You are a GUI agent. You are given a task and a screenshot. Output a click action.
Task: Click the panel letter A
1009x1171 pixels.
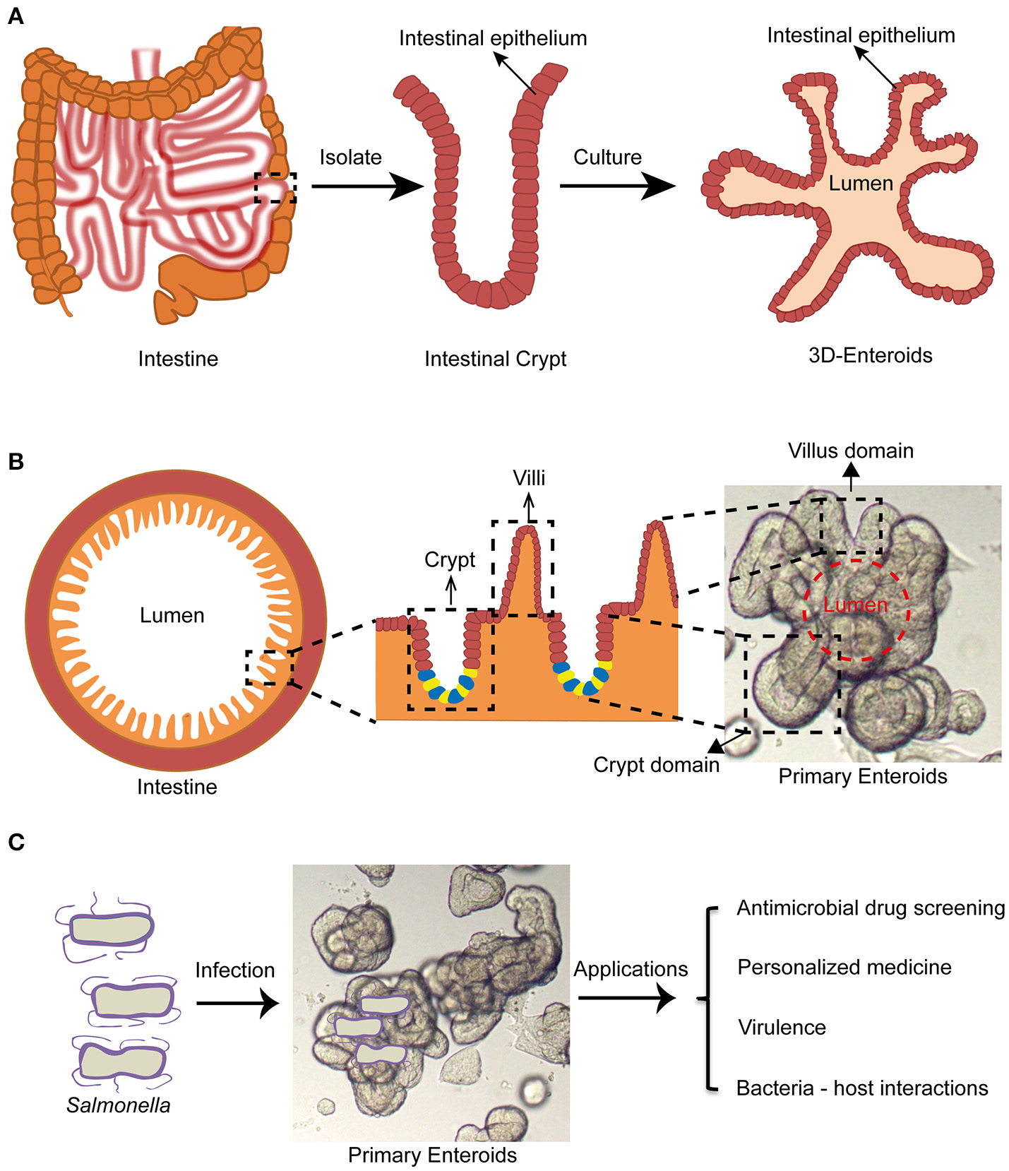pyautogui.click(x=15, y=16)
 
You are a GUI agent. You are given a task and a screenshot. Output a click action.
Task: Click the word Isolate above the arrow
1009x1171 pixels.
pyautogui.click(x=350, y=157)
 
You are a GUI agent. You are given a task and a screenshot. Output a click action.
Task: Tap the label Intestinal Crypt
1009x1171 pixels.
pyautogui.click(x=495, y=359)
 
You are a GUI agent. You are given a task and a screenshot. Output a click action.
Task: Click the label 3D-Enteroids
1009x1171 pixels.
pyautogui.click(x=870, y=355)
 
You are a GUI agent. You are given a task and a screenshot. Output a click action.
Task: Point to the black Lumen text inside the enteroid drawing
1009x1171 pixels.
pyautogui.click(x=861, y=184)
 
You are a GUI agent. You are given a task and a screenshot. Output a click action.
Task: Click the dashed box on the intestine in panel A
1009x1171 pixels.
pyautogui.click(x=275, y=188)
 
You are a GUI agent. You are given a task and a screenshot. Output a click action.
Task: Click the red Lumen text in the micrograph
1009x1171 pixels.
pyautogui.click(x=855, y=605)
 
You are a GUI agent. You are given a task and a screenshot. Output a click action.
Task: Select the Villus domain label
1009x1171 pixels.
pyautogui.click(x=851, y=451)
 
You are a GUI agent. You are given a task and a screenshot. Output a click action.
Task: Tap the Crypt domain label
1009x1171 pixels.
pyautogui.click(x=656, y=765)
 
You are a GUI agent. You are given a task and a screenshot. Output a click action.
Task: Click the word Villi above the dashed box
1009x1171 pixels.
pyautogui.click(x=529, y=478)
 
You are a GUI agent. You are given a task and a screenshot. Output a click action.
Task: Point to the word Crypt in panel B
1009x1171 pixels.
pyautogui.click(x=450, y=560)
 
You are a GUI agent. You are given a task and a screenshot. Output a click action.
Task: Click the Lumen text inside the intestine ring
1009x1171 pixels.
pyautogui.click(x=172, y=615)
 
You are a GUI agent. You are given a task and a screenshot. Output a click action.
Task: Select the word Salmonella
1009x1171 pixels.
pyautogui.click(x=119, y=1105)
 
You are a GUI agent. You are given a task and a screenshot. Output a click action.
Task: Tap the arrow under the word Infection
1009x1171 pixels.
pyautogui.click(x=237, y=1002)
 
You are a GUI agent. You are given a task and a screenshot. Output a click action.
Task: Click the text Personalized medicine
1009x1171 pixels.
pyautogui.click(x=844, y=967)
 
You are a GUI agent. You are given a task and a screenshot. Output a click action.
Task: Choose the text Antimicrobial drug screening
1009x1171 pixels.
pyautogui.click(x=870, y=908)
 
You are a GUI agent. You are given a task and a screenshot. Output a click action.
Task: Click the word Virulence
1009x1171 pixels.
pyautogui.click(x=782, y=1027)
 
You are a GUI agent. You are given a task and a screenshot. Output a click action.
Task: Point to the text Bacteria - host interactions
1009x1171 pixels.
pyautogui.click(x=861, y=1088)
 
